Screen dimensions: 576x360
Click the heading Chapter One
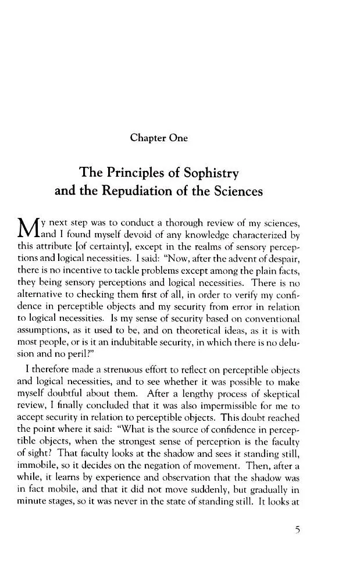click(x=159, y=138)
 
